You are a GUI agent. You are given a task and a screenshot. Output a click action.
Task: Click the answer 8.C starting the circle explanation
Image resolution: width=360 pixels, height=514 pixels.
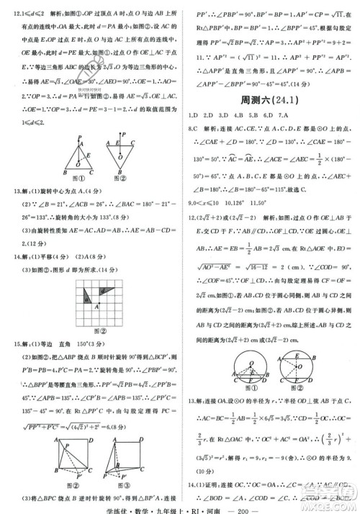click(193, 127)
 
